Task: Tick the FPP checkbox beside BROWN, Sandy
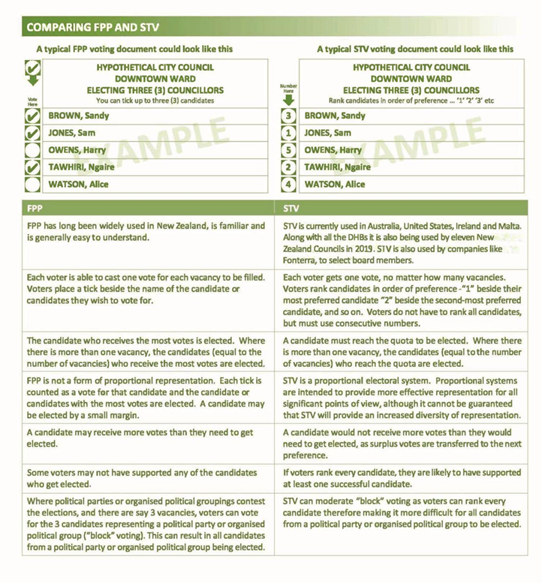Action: click(x=32, y=116)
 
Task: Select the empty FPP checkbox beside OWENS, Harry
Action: click(x=32, y=150)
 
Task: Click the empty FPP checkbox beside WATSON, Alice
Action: click(x=32, y=185)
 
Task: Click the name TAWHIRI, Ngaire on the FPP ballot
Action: click(x=82, y=167)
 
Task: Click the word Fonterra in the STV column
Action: click(x=303, y=260)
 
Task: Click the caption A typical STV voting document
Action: click(x=415, y=49)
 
